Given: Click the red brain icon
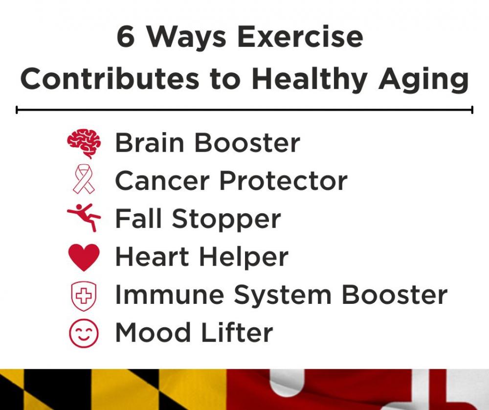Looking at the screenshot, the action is pyautogui.click(x=84, y=143).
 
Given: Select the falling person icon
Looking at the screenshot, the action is pyautogui.click(x=84, y=217).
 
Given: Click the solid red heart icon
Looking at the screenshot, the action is pyautogui.click(x=84, y=257).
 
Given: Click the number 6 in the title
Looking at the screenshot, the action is pyautogui.click(x=126, y=37).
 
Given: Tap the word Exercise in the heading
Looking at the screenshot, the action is pyautogui.click(x=300, y=37).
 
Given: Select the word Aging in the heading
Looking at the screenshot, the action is pyautogui.click(x=423, y=80).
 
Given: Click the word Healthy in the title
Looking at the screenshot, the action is pyautogui.click(x=310, y=80).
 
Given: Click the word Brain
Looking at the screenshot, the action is pyautogui.click(x=150, y=142).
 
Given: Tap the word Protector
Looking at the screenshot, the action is pyautogui.click(x=284, y=181).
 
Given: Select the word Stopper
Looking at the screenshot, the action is pyautogui.click(x=226, y=219).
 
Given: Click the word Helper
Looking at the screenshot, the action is pyautogui.click(x=244, y=257).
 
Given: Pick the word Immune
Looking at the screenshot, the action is pyautogui.click(x=170, y=295).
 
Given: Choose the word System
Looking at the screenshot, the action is pyautogui.click(x=283, y=296).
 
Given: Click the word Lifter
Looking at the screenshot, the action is pyautogui.click(x=237, y=332).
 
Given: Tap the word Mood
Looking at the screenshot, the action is pyautogui.click(x=153, y=332).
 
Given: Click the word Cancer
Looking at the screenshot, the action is pyautogui.click(x=162, y=181).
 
